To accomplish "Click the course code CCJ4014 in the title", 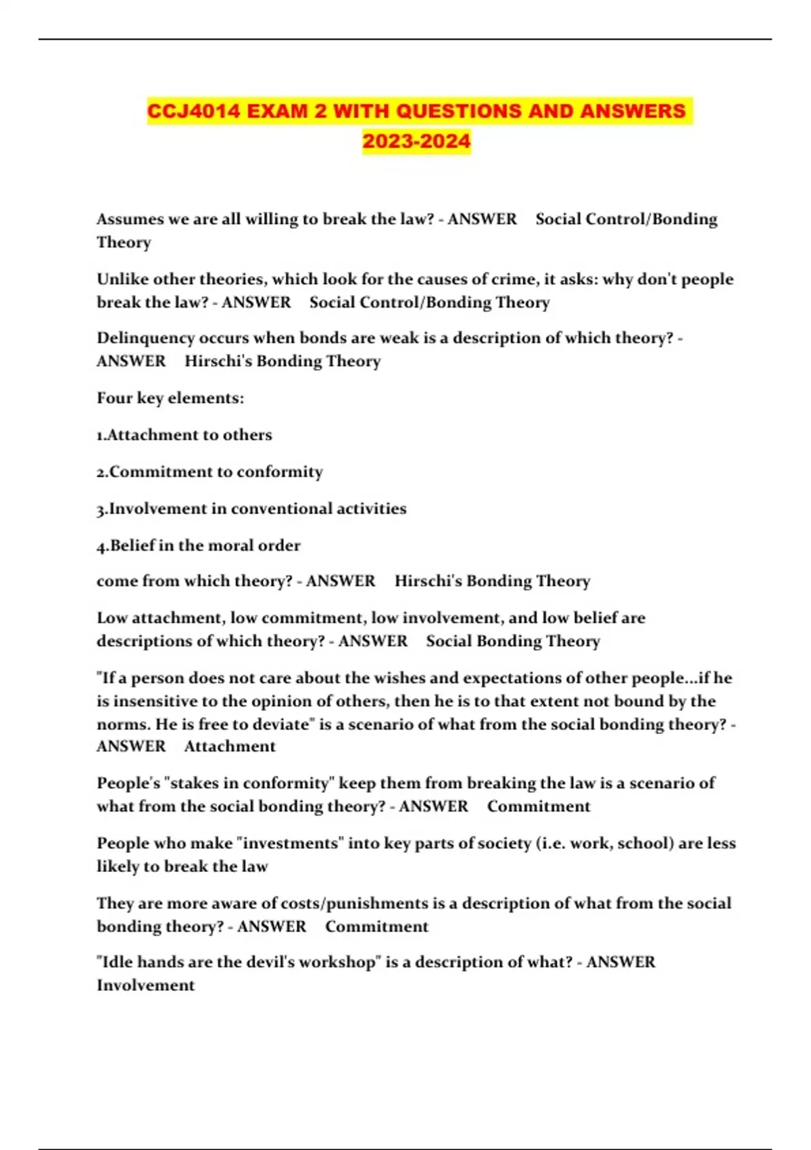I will click(x=194, y=111).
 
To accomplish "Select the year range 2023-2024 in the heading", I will click(x=416, y=141).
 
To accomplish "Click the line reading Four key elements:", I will click(x=170, y=398).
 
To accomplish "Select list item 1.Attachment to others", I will click(x=185, y=435).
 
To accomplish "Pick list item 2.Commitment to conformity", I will click(x=210, y=471).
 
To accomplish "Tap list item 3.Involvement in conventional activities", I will click(x=251, y=509).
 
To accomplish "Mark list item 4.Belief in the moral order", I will click(x=199, y=545).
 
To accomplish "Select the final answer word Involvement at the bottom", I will click(x=145, y=986).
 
